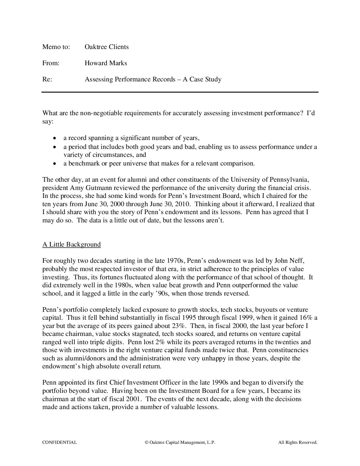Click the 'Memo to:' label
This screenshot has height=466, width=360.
pos(56,47)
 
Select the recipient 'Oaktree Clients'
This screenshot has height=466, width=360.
pos(107,47)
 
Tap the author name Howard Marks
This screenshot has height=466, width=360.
pos(106,63)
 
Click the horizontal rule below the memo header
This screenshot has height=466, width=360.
pos(180,92)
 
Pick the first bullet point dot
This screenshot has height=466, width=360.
pos(55,138)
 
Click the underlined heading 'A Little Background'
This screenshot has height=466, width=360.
pos(71,245)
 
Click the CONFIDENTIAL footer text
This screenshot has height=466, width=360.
pos(60,442)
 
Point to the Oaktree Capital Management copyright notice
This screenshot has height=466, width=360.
pos(180,442)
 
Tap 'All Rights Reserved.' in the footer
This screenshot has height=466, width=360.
pos(297,442)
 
